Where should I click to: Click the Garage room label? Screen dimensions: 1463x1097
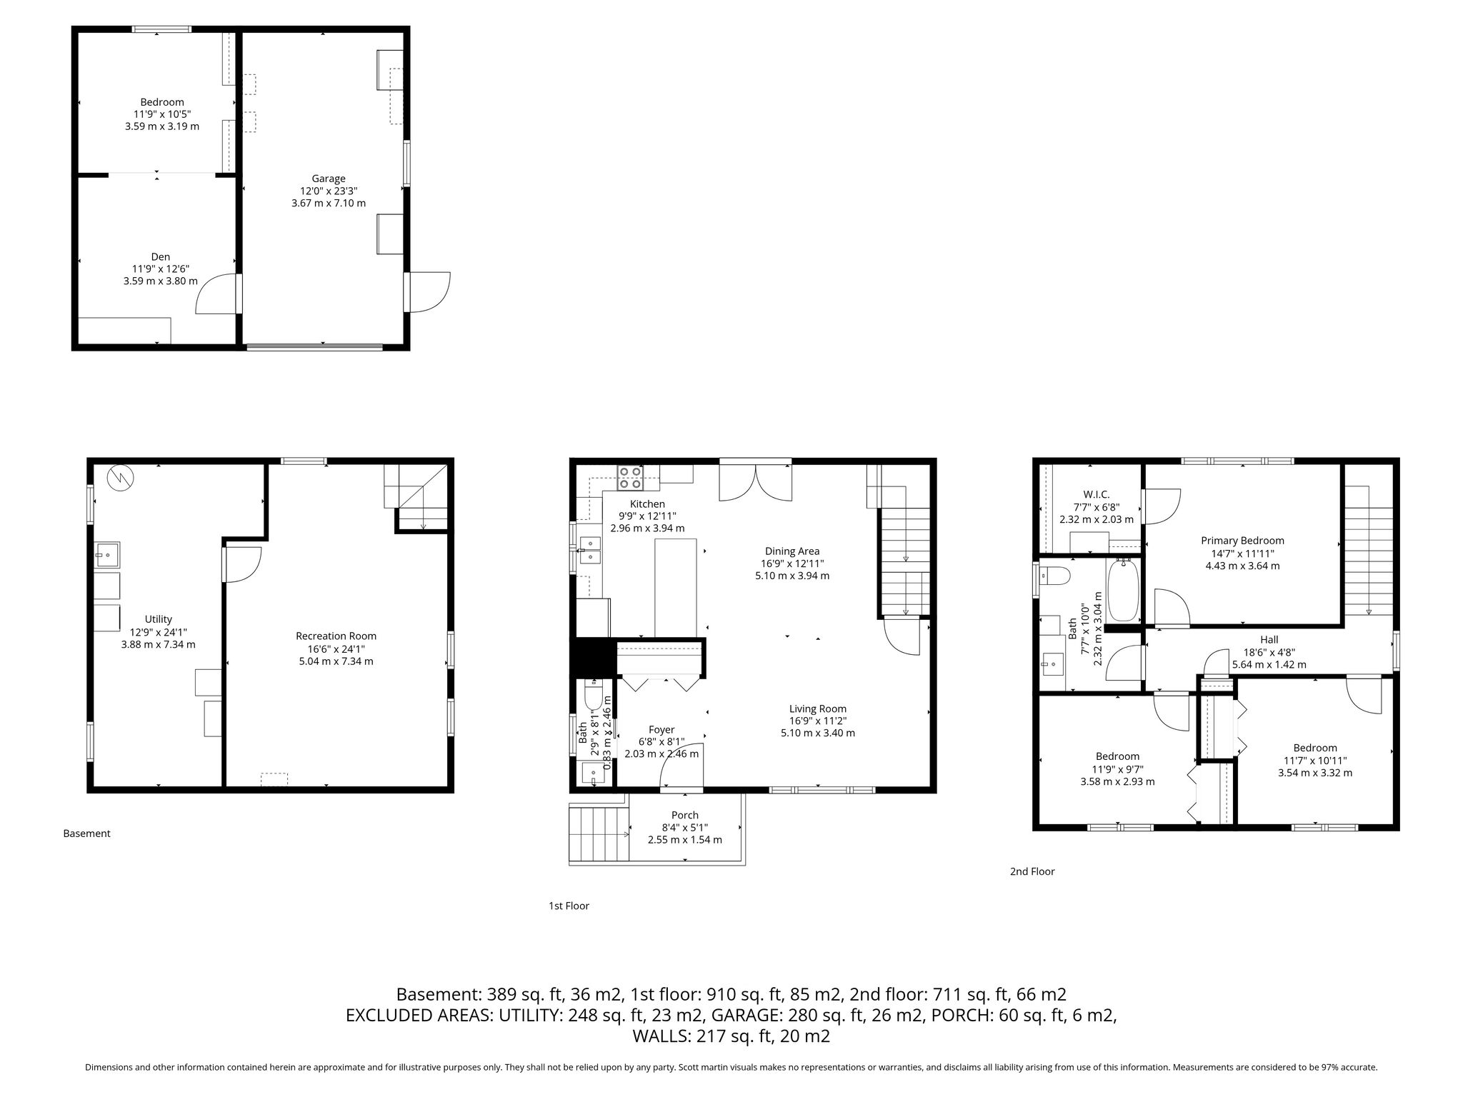pyautogui.click(x=329, y=179)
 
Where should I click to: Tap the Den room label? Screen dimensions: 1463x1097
pyautogui.click(x=161, y=257)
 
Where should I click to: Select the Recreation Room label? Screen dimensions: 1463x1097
pyautogui.click(x=336, y=636)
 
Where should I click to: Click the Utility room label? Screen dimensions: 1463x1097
pyautogui.click(x=158, y=619)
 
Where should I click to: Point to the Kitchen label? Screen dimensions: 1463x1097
pyautogui.click(x=647, y=504)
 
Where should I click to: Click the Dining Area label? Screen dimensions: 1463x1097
pyautogui.click(x=792, y=551)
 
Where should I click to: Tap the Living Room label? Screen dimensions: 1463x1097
pyautogui.click(x=818, y=708)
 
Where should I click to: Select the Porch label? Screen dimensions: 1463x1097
pyautogui.click(x=685, y=815)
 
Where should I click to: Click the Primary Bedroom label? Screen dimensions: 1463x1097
pyautogui.click(x=1242, y=541)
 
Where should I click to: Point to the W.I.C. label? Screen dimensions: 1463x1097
pyautogui.click(x=1096, y=494)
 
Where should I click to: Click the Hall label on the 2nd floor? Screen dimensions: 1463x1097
pyautogui.click(x=1269, y=640)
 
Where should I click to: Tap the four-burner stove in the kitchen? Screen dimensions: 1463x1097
pyautogui.click(x=630, y=477)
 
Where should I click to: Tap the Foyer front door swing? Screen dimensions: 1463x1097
pyautogui.click(x=681, y=768)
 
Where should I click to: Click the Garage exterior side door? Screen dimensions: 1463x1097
pyautogui.click(x=427, y=292)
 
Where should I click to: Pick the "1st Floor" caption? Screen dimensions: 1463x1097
pyautogui.click(x=569, y=906)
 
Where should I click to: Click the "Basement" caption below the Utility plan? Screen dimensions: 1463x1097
pyautogui.click(x=87, y=833)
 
